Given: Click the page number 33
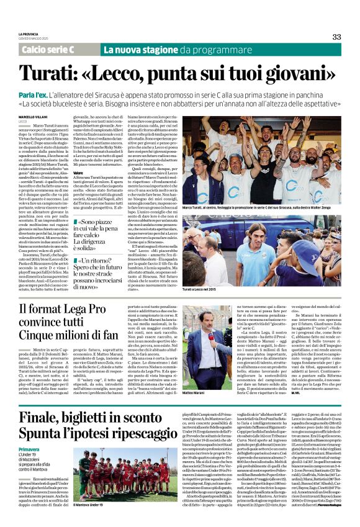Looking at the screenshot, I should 337,37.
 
